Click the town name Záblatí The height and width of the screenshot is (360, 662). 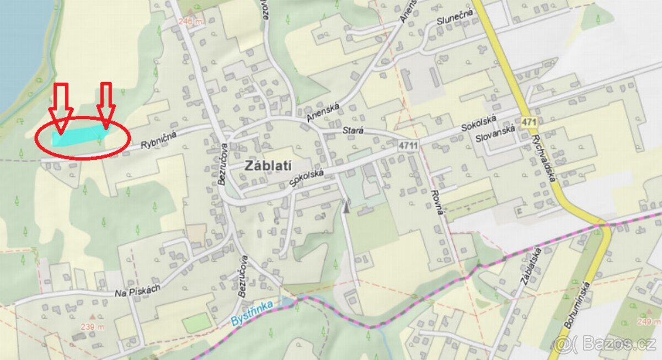269,165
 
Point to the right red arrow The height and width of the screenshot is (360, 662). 105,105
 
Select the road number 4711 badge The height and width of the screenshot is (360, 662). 408,144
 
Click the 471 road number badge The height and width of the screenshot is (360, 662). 528,120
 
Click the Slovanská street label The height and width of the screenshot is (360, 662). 495,134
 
